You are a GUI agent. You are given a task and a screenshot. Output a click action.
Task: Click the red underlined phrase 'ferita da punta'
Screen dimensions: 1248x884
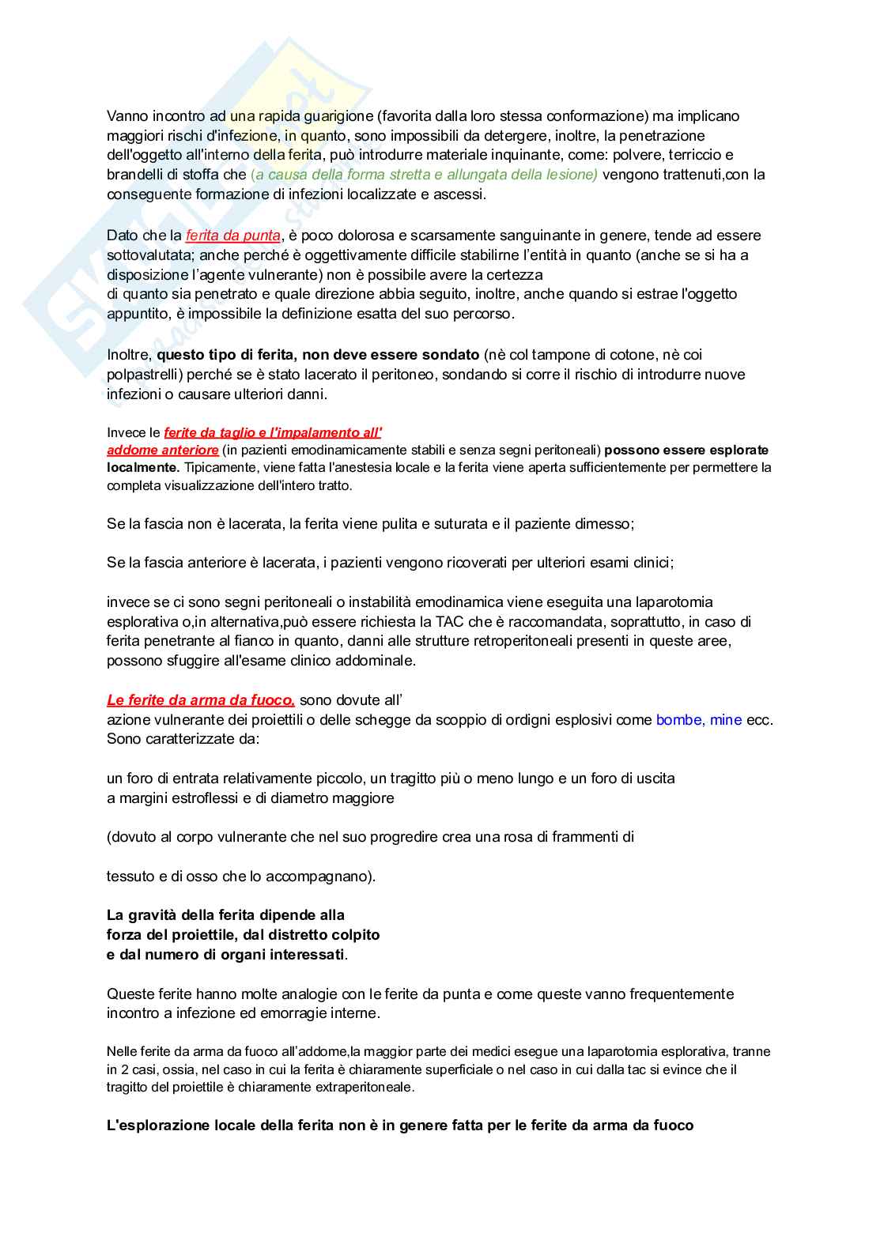(x=232, y=236)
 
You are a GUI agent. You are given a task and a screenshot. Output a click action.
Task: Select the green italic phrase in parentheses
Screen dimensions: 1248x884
(x=424, y=175)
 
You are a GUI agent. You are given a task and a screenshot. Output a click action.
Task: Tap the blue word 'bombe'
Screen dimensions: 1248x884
(x=678, y=720)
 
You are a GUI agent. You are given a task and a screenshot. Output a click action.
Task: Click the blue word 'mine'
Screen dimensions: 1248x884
(x=726, y=720)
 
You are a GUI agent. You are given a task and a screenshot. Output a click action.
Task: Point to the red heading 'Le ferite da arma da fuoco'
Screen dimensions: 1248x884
(x=201, y=700)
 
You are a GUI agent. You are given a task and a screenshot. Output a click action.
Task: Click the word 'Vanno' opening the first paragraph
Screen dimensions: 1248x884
(x=128, y=116)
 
